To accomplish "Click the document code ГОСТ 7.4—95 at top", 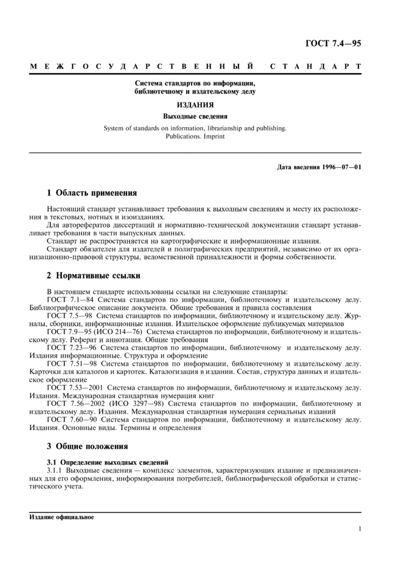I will click(x=333, y=43).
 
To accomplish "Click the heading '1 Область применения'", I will click(x=92, y=193).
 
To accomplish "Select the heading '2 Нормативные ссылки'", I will click(x=93, y=275).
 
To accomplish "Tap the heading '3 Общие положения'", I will click(x=87, y=446).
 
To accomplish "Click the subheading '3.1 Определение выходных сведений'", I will click(x=108, y=462).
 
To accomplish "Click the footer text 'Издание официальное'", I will click(x=61, y=517).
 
